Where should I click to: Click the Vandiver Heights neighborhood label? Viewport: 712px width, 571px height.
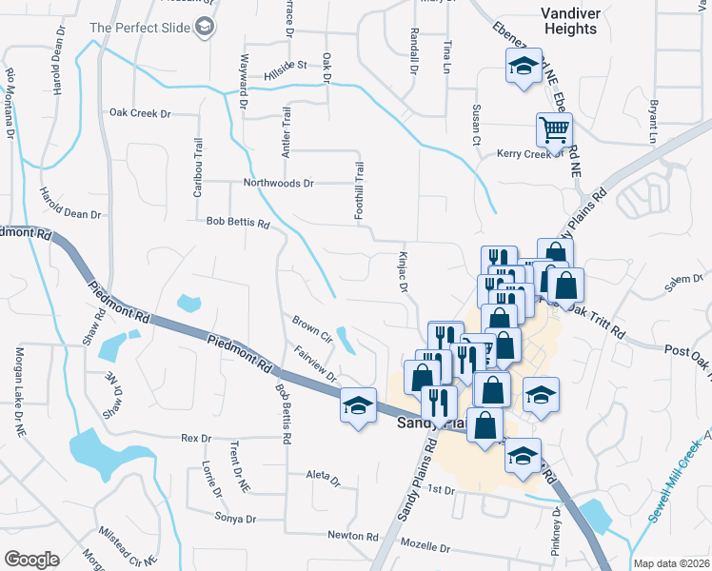coord(569,21)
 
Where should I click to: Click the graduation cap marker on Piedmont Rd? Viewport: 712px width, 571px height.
coord(356,407)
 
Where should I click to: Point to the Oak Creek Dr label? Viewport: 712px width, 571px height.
coord(139,113)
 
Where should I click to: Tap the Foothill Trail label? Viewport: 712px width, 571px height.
coord(360,192)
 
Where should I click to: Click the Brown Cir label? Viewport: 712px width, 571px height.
coord(311,328)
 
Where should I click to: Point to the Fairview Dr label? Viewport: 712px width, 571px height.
coord(317,363)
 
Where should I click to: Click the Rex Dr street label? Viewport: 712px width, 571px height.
coord(195,438)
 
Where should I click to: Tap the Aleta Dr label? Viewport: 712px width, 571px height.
coord(324,474)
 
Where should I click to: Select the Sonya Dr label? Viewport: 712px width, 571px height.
coord(237,519)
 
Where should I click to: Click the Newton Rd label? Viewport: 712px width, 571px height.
coord(352,536)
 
